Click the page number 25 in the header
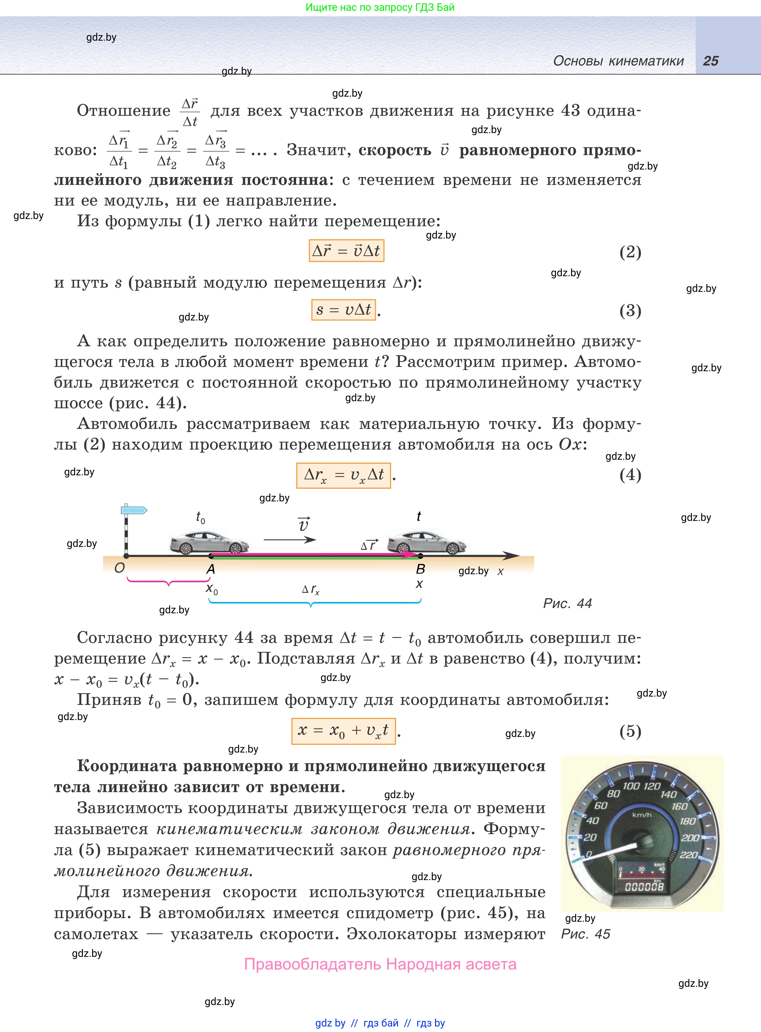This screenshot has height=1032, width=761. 710,61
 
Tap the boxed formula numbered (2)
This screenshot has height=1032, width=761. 347,251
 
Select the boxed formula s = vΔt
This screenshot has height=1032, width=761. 344,309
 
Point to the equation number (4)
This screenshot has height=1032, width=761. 630,475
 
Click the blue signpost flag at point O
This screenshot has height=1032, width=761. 134,510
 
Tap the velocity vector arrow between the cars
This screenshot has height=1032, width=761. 290,539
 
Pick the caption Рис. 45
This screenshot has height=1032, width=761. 585,934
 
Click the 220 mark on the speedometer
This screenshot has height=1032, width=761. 689,855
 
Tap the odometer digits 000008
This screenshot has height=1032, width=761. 644,887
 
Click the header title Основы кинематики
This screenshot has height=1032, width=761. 618,61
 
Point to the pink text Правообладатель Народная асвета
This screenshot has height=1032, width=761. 380,964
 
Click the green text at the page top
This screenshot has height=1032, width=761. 380,7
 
